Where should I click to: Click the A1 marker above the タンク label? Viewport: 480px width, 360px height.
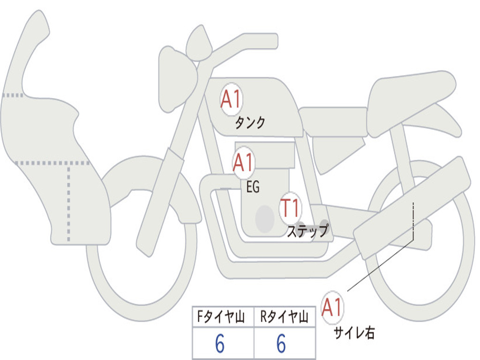pos(231,99)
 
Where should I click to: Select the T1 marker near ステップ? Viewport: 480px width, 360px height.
pos(291,207)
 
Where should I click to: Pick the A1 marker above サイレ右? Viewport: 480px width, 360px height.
pos(332,307)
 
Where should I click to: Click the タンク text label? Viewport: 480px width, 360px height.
pos(250,123)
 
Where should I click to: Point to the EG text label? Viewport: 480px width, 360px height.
pos(253,187)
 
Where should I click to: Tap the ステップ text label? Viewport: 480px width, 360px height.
pos(307,231)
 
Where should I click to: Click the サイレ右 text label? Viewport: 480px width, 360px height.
pos(354,333)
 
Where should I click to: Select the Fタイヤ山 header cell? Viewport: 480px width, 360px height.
pos(223,317)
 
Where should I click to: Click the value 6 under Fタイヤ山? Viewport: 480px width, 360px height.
pos(220,345)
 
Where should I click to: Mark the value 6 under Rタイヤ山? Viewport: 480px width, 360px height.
pos(281,345)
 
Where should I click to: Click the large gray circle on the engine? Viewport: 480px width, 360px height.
pos(264,218)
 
